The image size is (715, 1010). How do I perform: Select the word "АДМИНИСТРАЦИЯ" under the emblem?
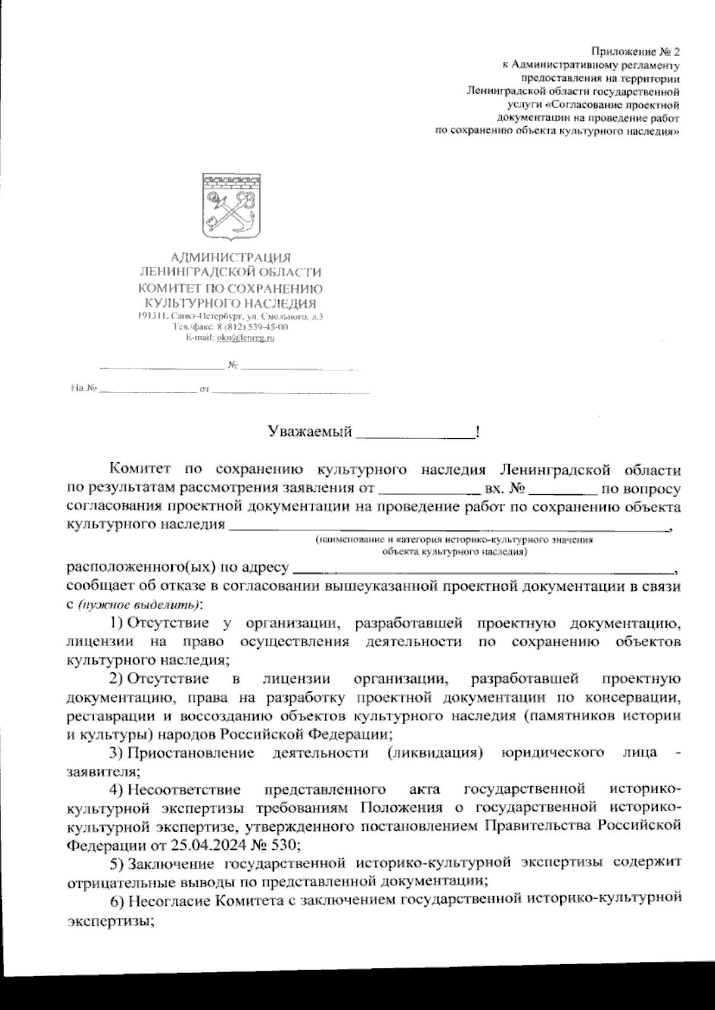[231, 258]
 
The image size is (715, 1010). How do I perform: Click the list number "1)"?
[117, 624]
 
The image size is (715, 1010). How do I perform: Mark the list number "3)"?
[117, 753]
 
